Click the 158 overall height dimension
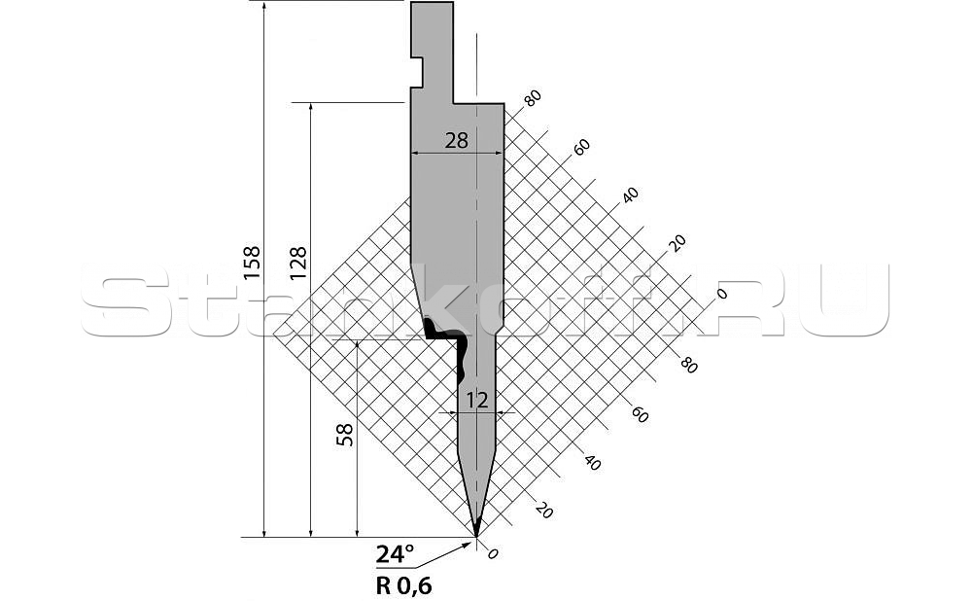(252, 263)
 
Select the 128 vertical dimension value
(297, 263)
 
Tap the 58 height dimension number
(345, 434)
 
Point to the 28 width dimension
(456, 141)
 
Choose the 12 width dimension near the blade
(476, 401)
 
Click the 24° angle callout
(395, 554)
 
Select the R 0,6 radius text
(403, 585)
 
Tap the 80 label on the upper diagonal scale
(532, 98)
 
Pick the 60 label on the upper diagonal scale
(581, 148)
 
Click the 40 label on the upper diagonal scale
(630, 195)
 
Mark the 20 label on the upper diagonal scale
(677, 243)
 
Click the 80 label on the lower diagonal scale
(689, 366)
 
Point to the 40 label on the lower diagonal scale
(592, 463)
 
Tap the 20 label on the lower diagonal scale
(543, 512)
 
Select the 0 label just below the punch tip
(493, 554)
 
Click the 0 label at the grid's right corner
(721, 293)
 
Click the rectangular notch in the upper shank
(417, 73)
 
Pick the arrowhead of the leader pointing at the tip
(467, 545)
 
